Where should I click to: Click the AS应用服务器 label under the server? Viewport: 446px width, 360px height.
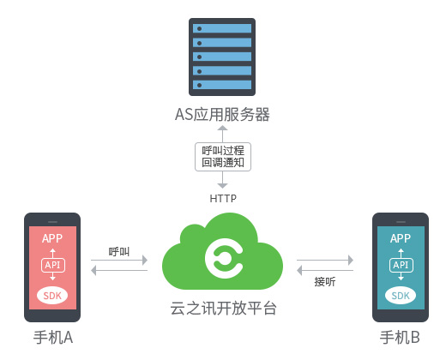[222, 115]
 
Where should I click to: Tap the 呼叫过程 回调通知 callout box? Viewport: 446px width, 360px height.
[223, 157]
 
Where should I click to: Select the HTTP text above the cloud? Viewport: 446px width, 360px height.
[223, 198]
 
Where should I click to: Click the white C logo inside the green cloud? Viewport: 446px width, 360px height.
[224, 259]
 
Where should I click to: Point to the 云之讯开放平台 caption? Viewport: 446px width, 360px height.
[223, 309]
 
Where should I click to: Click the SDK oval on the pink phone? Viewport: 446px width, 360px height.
[52, 296]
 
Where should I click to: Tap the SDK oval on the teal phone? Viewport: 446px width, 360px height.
[401, 296]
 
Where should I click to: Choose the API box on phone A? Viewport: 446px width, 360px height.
[53, 265]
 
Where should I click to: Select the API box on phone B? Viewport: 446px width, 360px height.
[401, 265]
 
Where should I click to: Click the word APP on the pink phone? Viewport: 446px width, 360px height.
[52, 238]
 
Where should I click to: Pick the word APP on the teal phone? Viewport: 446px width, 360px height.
[401, 238]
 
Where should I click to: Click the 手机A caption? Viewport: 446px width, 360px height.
[53, 338]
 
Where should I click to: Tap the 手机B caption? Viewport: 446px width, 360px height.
[400, 338]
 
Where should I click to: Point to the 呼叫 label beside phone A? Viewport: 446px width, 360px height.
[119, 252]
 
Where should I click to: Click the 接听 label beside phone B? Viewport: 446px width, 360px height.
[325, 282]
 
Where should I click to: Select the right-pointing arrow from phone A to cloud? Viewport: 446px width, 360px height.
[119, 260]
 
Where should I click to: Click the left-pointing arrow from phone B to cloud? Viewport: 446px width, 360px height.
[325, 270]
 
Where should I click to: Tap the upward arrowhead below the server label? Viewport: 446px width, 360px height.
[222, 128]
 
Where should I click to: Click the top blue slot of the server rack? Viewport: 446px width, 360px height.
[222, 28]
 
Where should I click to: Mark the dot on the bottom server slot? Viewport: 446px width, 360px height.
[200, 85]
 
